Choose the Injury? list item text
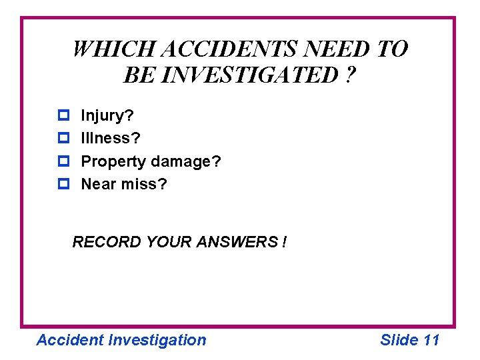107,116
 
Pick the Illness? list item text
110,139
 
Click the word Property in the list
113,161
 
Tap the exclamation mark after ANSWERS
285,241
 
